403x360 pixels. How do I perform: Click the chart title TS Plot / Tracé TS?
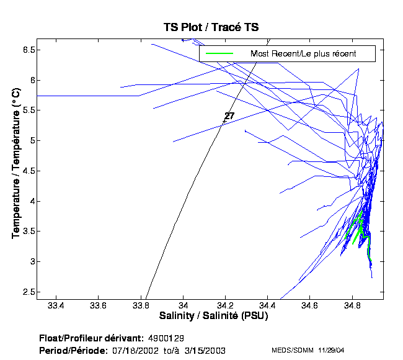tap(211, 27)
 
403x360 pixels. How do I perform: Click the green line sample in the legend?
tap(219, 53)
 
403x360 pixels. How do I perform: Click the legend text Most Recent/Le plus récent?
tap(303, 53)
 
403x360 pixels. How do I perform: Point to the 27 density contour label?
tap(229, 116)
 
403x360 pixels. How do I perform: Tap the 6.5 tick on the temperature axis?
tap(27, 50)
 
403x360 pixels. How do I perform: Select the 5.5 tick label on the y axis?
tap(27, 110)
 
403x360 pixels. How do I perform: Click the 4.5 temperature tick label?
tap(27, 171)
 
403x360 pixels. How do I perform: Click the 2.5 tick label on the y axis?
tap(27, 292)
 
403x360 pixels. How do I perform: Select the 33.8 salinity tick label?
tap(141, 306)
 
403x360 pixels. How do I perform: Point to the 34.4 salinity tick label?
tap(268, 306)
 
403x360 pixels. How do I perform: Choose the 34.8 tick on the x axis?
tap(353, 306)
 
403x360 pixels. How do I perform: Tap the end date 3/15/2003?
tap(205, 351)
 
